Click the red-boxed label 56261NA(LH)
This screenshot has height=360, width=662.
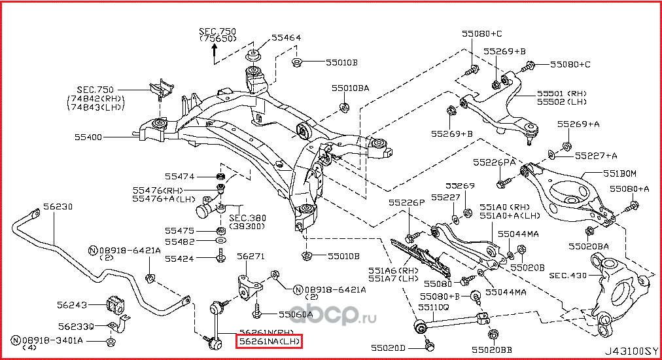[x=270, y=341]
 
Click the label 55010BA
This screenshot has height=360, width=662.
[x=349, y=87]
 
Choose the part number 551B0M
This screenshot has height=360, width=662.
[x=619, y=173]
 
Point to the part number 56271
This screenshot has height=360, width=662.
[x=249, y=256]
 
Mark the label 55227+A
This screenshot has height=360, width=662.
[x=596, y=156]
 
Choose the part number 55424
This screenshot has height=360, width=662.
[x=179, y=259]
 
